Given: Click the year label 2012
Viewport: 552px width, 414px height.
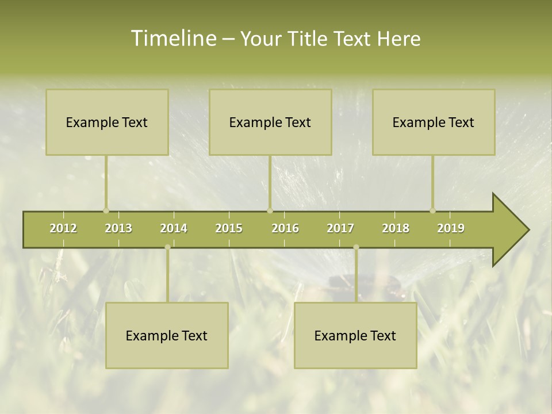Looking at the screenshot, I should tap(63, 228).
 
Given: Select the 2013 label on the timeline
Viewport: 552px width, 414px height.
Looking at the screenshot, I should tap(118, 228).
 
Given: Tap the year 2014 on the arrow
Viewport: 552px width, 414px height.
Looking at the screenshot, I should tap(174, 228).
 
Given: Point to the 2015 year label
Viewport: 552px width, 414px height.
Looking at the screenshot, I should tap(229, 228).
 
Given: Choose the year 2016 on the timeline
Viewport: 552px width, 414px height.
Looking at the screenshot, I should tap(285, 228).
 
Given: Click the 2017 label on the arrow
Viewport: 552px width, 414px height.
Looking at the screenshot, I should tap(340, 228).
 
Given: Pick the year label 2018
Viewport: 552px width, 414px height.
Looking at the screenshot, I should tap(396, 228).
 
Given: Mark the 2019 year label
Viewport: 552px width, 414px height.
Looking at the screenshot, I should tap(451, 228).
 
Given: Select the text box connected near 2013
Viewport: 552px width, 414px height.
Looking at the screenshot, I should tap(107, 122).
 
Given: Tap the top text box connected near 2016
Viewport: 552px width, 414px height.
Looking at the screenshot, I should tap(270, 122).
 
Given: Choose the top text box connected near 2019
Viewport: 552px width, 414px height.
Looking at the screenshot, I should tap(434, 122).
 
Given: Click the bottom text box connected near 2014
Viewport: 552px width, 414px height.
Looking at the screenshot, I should tap(167, 335).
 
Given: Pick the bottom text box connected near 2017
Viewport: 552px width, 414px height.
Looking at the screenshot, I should tap(355, 335).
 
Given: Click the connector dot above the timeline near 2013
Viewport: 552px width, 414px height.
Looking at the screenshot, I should tap(106, 210).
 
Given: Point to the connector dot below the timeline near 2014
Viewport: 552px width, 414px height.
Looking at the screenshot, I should tap(167, 247).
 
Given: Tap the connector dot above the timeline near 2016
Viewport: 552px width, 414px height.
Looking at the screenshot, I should tap(270, 210).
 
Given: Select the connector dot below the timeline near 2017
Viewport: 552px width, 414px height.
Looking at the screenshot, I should tap(356, 247).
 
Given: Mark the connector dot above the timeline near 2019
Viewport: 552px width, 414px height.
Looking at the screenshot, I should tap(432, 210).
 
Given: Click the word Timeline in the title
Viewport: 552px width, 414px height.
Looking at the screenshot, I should tap(172, 39).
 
